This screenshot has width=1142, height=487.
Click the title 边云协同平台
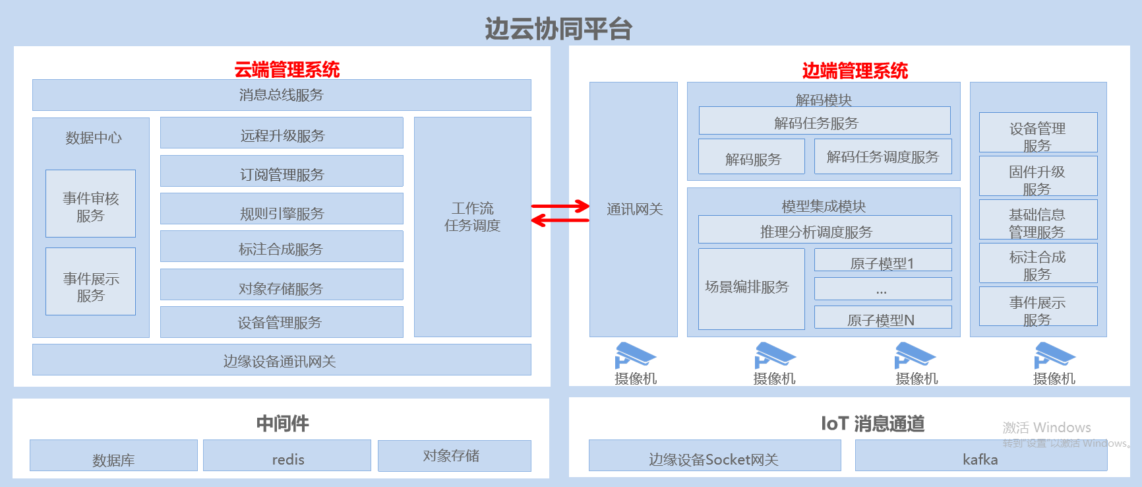(x=558, y=29)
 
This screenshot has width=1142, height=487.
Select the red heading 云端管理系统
(x=287, y=69)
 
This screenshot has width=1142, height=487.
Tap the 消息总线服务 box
(x=282, y=95)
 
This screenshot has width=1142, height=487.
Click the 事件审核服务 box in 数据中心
(x=90, y=204)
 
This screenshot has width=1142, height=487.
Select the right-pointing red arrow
(x=560, y=206)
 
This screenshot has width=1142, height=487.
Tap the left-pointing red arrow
(x=560, y=220)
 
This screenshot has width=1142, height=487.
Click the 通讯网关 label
(x=634, y=209)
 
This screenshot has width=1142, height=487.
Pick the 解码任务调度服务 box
(x=883, y=156)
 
